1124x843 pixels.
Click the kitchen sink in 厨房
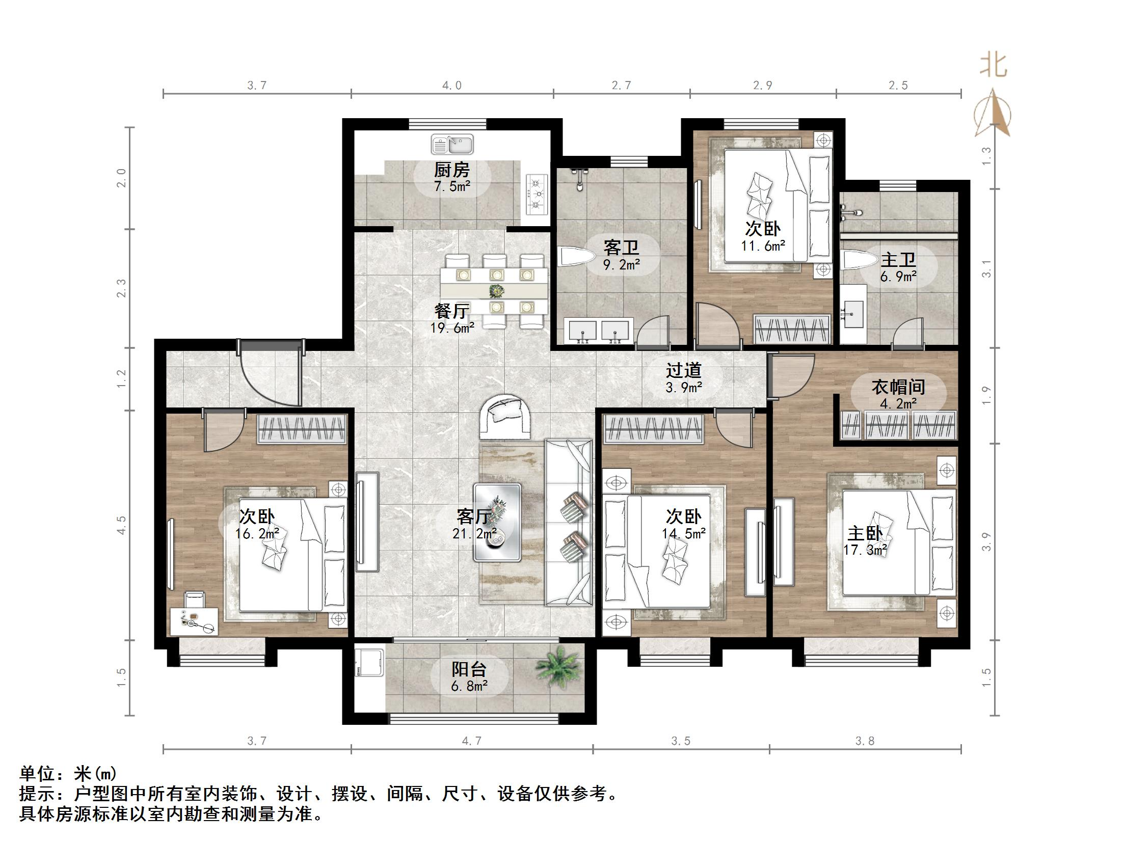click(x=452, y=144)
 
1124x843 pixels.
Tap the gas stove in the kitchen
click(x=536, y=193)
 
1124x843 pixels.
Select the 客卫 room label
click(x=621, y=248)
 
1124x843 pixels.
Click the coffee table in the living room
click(x=497, y=523)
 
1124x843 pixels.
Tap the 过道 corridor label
click(x=684, y=370)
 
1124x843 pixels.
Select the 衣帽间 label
click(x=898, y=387)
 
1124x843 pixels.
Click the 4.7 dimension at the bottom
click(x=471, y=741)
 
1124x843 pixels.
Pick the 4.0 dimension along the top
click(x=451, y=86)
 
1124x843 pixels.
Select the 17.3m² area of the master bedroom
click(x=865, y=551)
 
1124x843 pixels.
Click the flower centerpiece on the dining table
click(x=495, y=291)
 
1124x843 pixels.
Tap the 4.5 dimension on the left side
click(x=121, y=525)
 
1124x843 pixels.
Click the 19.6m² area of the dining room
click(x=452, y=328)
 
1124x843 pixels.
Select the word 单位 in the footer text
click(x=37, y=774)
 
